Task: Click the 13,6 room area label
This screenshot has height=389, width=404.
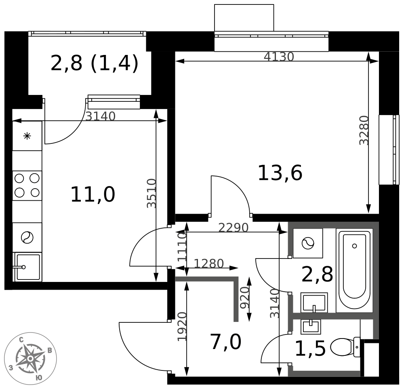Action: click(x=280, y=173)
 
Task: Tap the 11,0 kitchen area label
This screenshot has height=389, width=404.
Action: click(x=93, y=195)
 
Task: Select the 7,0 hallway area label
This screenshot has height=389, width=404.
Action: click(x=226, y=342)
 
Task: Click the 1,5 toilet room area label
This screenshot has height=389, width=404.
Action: click(x=310, y=349)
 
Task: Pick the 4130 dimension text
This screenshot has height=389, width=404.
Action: click(x=279, y=57)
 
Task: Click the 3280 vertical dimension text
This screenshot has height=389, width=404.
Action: click(x=364, y=130)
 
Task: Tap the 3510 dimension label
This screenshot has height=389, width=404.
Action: click(x=151, y=193)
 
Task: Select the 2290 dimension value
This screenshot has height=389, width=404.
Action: click(x=234, y=227)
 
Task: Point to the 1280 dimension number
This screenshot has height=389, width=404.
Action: click(x=209, y=263)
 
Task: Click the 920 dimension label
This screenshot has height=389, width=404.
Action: click(x=245, y=298)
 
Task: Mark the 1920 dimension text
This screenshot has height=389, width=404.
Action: click(x=182, y=327)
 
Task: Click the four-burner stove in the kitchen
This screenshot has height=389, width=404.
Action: click(x=27, y=185)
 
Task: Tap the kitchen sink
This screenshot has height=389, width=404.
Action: click(x=27, y=267)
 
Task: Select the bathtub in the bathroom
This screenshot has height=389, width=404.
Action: click(x=355, y=270)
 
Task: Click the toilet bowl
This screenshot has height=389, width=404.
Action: click(x=345, y=347)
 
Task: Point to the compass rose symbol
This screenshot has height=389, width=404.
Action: click(x=30, y=358)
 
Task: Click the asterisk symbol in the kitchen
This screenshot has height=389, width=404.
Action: click(x=27, y=136)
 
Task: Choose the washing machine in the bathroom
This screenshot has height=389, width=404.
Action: click(x=308, y=243)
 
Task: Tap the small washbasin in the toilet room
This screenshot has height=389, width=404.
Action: click(x=311, y=327)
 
